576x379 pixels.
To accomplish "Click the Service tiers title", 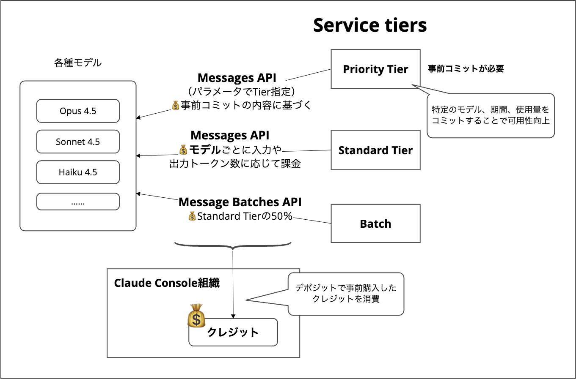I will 370,25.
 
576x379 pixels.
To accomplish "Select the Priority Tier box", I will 375,69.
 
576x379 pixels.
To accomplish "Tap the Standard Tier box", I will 375,150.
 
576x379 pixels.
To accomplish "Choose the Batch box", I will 375,224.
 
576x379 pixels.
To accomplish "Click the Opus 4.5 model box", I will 78,111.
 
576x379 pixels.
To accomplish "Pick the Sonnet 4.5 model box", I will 78,142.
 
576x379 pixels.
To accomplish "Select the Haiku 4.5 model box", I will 78,172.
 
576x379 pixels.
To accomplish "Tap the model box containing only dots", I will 78,202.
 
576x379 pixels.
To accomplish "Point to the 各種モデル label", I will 78,63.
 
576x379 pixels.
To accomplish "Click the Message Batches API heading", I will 240,202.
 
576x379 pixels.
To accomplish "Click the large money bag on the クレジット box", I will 196,316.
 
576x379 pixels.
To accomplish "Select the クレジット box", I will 233,333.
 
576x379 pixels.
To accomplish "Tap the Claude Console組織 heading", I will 167,283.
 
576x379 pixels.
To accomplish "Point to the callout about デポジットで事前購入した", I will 346,294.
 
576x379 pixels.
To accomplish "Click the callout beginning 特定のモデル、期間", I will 491,115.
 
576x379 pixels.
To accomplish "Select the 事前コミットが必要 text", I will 466,69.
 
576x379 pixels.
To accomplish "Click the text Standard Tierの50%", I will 245,216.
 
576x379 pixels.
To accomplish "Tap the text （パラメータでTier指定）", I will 241,91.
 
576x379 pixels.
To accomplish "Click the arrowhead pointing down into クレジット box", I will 233,316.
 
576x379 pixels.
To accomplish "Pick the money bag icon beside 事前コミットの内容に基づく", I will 176,105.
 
